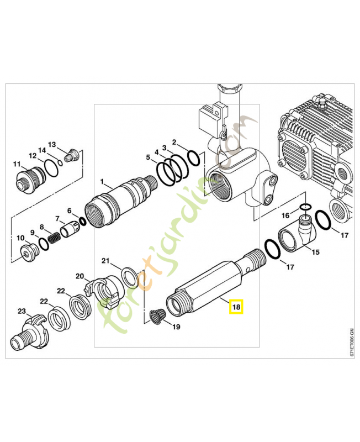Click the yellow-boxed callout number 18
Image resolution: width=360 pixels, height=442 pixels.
[236, 307]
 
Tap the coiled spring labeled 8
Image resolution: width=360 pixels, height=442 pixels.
[53, 239]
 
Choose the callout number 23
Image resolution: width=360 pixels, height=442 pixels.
[22, 312]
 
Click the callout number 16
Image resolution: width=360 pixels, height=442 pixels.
[285, 215]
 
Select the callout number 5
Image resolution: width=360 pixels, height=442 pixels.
[148, 157]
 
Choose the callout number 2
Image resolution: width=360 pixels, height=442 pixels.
[174, 141]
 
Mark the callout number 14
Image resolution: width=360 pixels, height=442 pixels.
[41, 151]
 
